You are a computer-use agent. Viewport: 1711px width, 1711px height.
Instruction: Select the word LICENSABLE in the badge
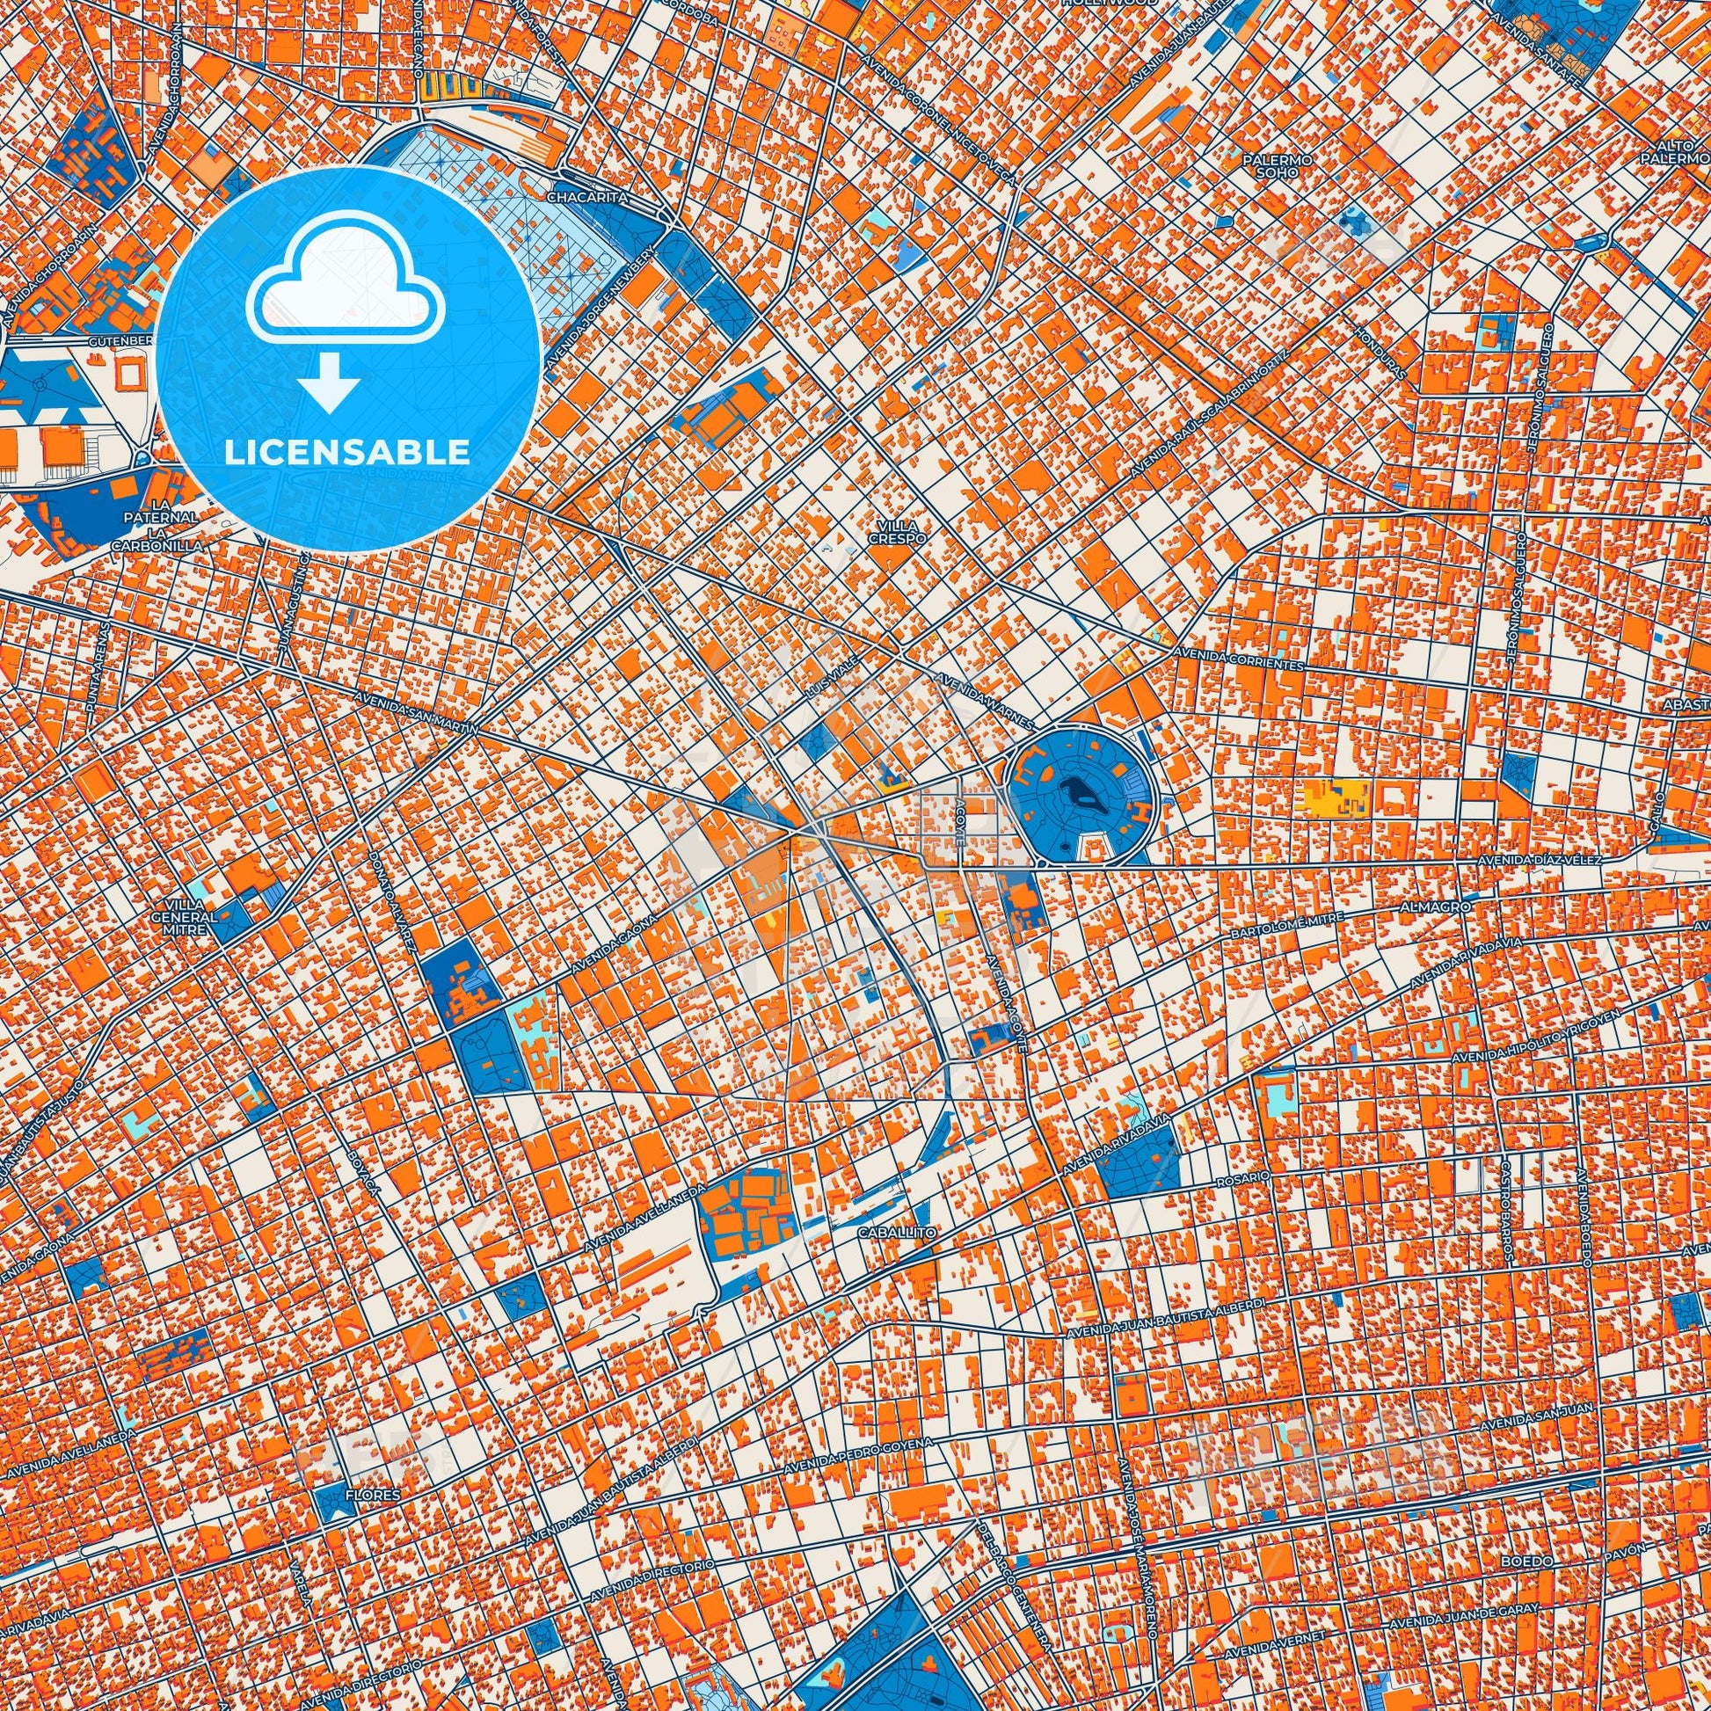coord(347,453)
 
